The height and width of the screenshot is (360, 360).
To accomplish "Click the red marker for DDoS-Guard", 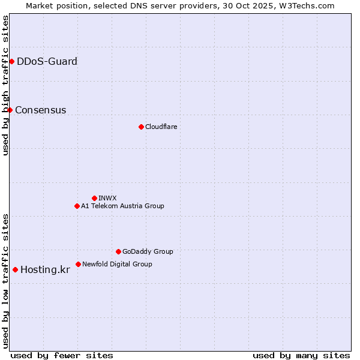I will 11,61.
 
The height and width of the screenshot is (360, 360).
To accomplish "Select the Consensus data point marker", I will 10,110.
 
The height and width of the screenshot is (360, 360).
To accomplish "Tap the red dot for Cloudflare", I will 141,127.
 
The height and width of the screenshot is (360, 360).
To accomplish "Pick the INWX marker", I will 94,198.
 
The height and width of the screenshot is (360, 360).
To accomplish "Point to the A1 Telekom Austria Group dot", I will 77,206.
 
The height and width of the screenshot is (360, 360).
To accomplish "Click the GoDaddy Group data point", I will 118,251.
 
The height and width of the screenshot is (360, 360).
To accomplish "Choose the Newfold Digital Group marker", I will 78,264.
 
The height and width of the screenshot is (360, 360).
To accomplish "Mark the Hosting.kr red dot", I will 15,269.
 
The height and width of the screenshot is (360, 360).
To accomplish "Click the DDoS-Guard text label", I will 47,61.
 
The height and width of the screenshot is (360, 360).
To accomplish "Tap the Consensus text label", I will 40,110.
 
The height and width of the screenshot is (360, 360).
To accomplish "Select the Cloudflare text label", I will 161,127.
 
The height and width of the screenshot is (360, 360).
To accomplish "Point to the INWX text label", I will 107,198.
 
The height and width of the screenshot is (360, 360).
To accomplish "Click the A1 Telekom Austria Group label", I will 122,206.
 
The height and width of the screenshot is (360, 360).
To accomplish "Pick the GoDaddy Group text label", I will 148,251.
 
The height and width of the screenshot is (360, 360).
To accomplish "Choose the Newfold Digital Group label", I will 117,264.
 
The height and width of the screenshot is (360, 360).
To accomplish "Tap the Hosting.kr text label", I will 45,269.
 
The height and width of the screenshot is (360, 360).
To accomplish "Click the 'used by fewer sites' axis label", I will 62,355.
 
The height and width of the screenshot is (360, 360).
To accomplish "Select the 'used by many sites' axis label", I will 301,355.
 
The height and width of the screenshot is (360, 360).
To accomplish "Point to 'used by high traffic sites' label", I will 5,85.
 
